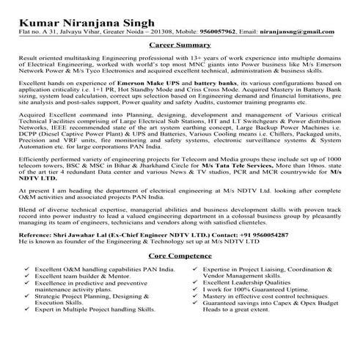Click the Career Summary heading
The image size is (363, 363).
point(181,44)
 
